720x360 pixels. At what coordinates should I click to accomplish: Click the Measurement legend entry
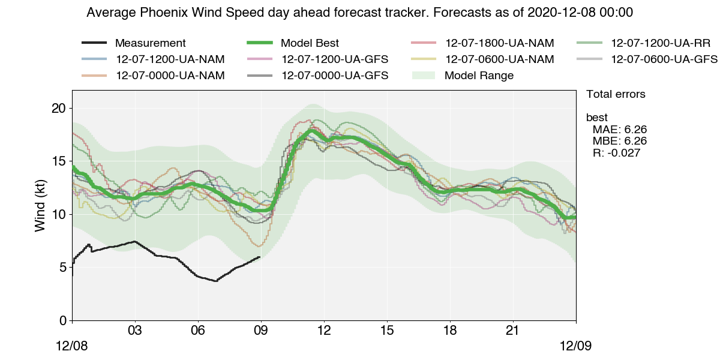(x=150, y=43)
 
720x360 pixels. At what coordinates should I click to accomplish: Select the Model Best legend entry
(x=310, y=43)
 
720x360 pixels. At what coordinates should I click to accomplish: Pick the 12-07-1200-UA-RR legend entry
(x=661, y=43)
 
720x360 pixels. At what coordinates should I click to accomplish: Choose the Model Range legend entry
(x=479, y=76)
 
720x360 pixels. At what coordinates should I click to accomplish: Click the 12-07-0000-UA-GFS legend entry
(x=334, y=76)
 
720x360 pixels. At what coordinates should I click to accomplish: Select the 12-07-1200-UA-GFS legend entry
(x=334, y=59)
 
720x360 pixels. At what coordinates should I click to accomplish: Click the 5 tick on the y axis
(x=62, y=268)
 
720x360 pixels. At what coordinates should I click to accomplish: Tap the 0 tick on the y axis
(x=62, y=320)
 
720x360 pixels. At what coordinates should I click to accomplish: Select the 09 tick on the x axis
(x=261, y=331)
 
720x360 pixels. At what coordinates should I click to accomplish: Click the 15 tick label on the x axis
(x=387, y=331)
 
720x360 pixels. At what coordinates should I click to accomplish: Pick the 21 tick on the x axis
(x=513, y=331)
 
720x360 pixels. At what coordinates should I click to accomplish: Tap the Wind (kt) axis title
(x=40, y=205)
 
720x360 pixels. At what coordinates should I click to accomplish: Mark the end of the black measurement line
(x=259, y=257)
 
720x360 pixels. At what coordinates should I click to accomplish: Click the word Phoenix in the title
(x=157, y=13)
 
